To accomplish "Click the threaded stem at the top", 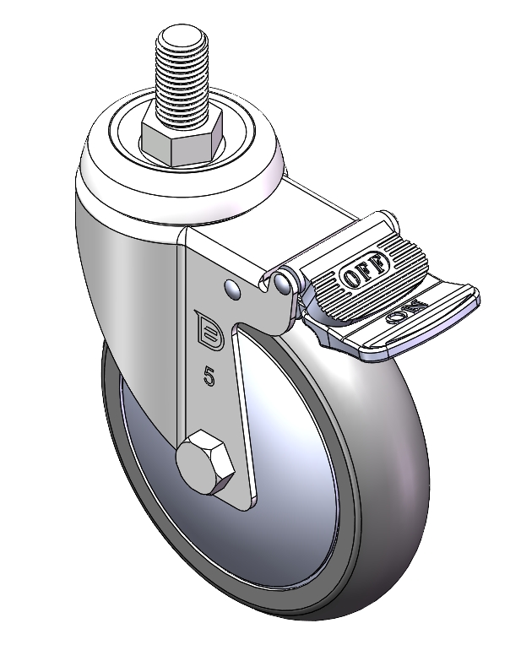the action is pyautogui.click(x=182, y=76).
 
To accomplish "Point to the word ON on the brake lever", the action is pyautogui.click(x=406, y=312).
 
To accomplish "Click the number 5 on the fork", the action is pyautogui.click(x=209, y=377).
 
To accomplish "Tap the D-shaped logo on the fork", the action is pyautogui.click(x=209, y=329).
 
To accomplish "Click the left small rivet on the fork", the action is pyautogui.click(x=232, y=289).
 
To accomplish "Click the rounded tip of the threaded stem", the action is pyautogui.click(x=182, y=34).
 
